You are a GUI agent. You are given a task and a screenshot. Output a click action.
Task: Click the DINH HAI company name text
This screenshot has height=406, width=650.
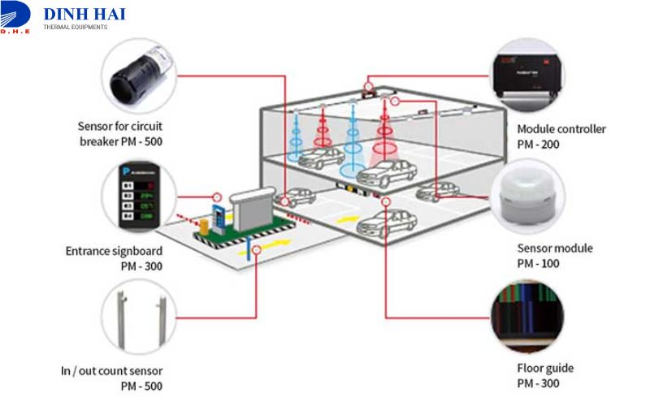[84, 14]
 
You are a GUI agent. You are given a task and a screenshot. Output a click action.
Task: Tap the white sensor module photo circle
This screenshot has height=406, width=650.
[527, 197]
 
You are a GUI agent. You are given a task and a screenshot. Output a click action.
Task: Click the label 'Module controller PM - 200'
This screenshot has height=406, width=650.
[561, 136]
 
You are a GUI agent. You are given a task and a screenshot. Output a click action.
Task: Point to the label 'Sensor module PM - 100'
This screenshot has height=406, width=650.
[555, 256]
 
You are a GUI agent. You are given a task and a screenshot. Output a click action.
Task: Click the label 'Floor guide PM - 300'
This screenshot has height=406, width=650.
[546, 375]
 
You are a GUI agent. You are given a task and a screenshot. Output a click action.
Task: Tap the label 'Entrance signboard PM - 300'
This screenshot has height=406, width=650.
[114, 258]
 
